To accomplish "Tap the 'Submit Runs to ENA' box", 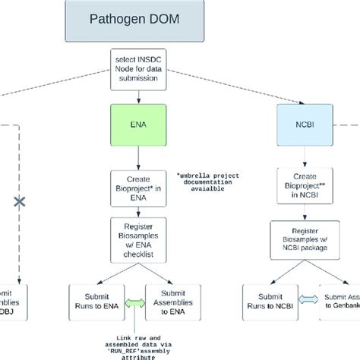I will coord(93,301).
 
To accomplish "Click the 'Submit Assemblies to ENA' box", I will coord(172,301).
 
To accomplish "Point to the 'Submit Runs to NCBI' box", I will coord(267,301).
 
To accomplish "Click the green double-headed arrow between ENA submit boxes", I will coord(134,301).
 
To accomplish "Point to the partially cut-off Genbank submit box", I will coord(340,301).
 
